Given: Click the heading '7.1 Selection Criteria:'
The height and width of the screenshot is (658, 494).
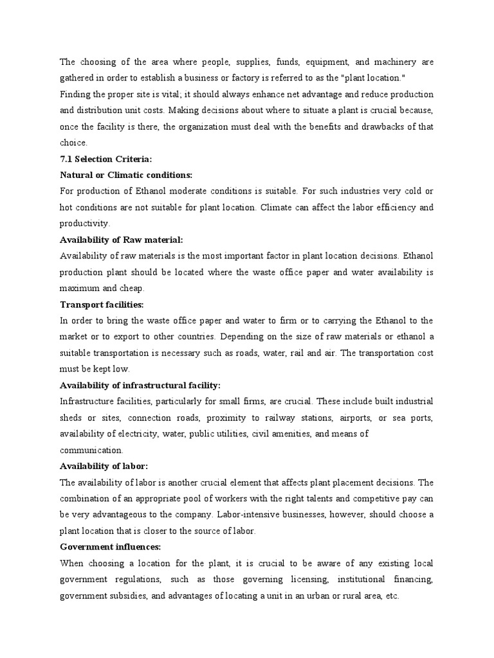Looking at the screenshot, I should click(106, 159).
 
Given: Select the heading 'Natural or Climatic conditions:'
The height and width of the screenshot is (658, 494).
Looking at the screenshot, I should click(126, 175).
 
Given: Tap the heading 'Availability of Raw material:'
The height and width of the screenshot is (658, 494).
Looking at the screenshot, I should click(122, 240).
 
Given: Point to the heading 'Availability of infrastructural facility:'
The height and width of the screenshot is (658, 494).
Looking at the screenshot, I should click(140, 385).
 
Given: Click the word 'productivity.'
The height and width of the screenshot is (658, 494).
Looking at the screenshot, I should click(85, 224).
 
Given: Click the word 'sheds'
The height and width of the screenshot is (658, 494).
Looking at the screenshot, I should click(71, 418).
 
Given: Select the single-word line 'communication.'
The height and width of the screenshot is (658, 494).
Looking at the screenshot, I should click(91, 450).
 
